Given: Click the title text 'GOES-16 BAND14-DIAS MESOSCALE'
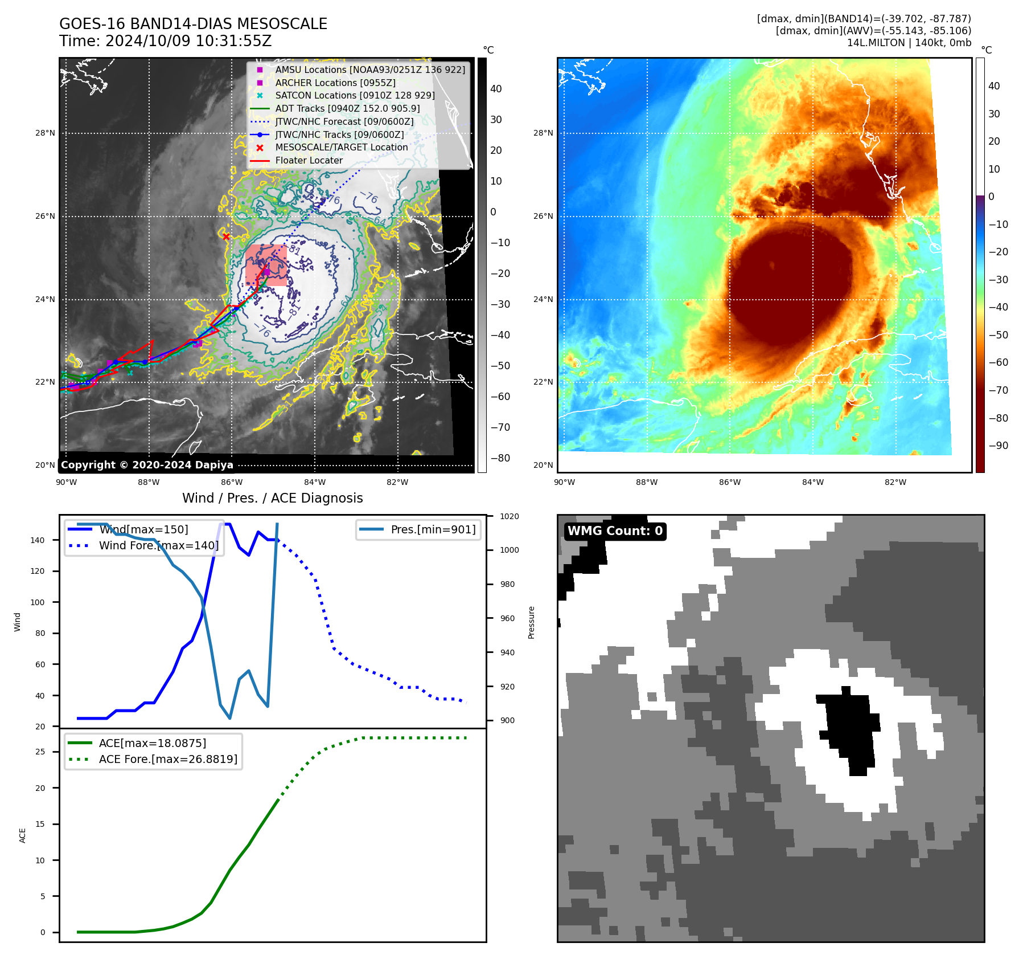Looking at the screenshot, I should pyautogui.click(x=193, y=24).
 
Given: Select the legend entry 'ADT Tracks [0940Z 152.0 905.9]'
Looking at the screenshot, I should pyautogui.click(x=347, y=108).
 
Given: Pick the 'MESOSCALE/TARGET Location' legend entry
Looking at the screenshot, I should pyautogui.click(x=342, y=147).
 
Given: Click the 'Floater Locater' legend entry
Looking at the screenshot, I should pyautogui.click(x=309, y=160).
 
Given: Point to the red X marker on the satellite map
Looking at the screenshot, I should pyautogui.click(x=226, y=236).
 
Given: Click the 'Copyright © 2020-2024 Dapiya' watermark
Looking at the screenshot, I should pyautogui.click(x=147, y=464).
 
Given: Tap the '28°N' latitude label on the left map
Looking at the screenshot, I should pyautogui.click(x=46, y=133).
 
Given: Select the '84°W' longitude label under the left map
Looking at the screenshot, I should pyautogui.click(x=314, y=482).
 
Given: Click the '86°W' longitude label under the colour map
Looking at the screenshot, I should pyautogui.click(x=730, y=482).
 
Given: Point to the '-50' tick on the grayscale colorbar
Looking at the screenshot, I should pyautogui.click(x=500, y=366).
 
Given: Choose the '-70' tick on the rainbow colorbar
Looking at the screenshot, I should pyautogui.click(x=998, y=390).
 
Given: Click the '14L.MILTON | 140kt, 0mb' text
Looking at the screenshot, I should pyautogui.click(x=909, y=43).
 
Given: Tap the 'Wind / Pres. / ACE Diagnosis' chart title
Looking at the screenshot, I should pyautogui.click(x=272, y=498).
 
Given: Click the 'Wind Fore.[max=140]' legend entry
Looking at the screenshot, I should pyautogui.click(x=158, y=545).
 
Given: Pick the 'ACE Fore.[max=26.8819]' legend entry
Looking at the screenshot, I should pyautogui.click(x=168, y=759).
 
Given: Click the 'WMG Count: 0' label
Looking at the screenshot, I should pyautogui.click(x=615, y=531).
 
